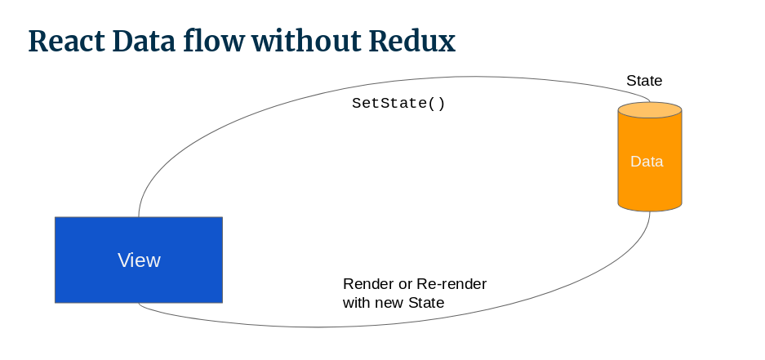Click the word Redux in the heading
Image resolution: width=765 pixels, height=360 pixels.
[x=412, y=41]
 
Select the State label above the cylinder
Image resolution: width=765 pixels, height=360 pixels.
[x=644, y=81]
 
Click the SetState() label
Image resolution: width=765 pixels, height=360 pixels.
[x=398, y=104]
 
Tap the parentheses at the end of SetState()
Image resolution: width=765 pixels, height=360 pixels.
[x=437, y=104]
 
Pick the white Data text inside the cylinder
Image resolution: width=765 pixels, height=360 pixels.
[x=647, y=162]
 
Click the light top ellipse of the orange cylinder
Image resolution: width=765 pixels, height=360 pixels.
[x=650, y=110]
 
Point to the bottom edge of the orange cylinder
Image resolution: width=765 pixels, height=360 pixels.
[x=650, y=211]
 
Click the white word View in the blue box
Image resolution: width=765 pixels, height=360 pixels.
[x=139, y=260]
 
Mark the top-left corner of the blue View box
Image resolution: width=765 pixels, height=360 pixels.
[x=56, y=218]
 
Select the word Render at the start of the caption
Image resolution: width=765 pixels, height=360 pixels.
[x=366, y=284]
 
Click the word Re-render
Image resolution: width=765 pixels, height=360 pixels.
[x=451, y=284]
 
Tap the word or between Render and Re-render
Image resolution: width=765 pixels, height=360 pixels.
[x=403, y=284]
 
